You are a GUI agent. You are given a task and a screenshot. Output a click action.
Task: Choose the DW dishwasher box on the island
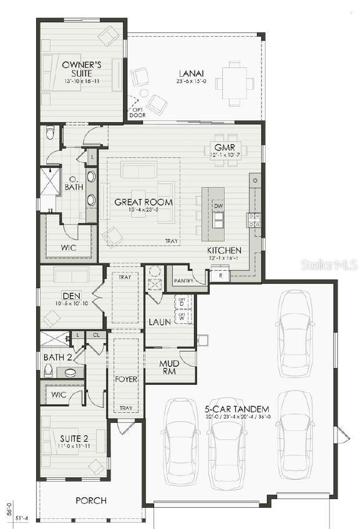[218, 206]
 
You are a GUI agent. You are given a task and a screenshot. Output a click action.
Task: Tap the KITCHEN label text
[224, 251]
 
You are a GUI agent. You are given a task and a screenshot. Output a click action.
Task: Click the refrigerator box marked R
[220, 275]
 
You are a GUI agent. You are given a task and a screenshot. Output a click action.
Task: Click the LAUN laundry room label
[160, 322]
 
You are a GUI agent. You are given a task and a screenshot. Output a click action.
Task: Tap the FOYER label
[125, 379]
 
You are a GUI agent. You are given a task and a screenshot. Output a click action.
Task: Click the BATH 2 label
[57, 357]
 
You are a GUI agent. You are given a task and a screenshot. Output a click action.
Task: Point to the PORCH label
[91, 500]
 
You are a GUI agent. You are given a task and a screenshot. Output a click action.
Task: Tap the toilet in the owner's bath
[51, 133]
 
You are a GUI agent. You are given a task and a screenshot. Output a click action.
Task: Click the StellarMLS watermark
[329, 264]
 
